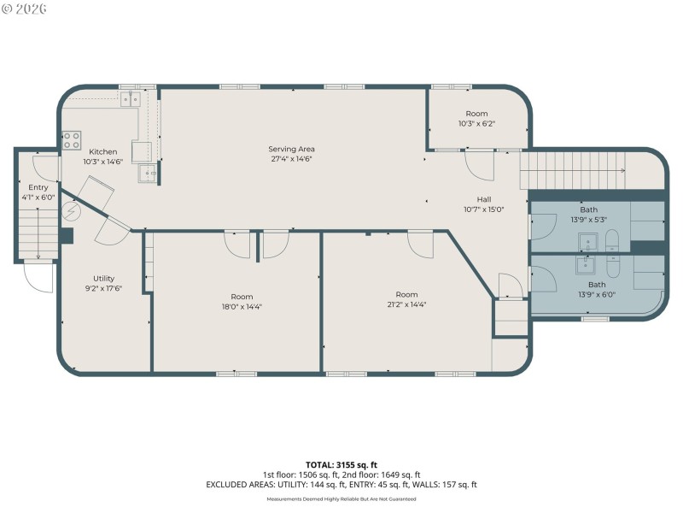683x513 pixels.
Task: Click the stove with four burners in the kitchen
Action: pyautogui.click(x=72, y=139)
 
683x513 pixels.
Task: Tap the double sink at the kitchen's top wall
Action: pyautogui.click(x=131, y=99)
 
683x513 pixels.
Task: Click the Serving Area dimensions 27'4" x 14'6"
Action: pyautogui.click(x=291, y=160)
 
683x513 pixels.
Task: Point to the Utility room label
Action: pyautogui.click(x=104, y=278)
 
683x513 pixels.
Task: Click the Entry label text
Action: pyautogui.click(x=38, y=187)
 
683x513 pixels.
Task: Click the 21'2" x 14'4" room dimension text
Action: pyautogui.click(x=406, y=305)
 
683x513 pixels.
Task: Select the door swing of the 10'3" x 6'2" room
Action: pyautogui.click(x=480, y=166)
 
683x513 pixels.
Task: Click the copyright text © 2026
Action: pyautogui.click(x=25, y=9)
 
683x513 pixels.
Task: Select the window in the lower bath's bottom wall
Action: pyautogui.click(x=594, y=318)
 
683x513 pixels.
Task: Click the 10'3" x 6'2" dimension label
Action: pyautogui.click(x=476, y=124)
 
